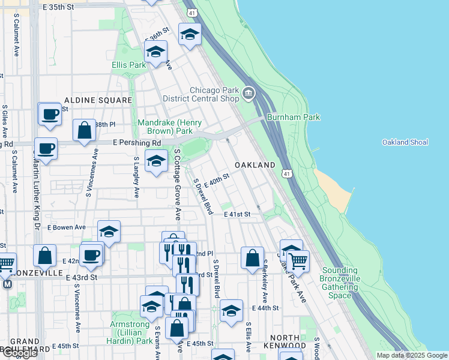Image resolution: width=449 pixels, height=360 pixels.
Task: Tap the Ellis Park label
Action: [x=128, y=65]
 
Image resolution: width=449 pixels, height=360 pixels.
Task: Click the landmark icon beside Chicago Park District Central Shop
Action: [x=249, y=94]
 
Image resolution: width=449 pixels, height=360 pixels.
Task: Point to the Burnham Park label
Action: [x=294, y=118]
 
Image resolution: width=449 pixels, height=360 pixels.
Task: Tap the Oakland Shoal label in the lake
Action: [x=405, y=142]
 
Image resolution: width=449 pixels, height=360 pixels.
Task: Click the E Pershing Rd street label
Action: [x=137, y=143]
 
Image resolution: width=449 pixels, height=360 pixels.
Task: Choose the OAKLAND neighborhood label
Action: [x=255, y=165]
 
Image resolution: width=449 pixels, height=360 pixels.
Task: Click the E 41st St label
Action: [x=237, y=214]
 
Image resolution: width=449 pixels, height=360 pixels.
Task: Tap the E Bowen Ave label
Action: [x=66, y=228]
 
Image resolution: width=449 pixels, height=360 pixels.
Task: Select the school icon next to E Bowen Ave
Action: [x=109, y=231]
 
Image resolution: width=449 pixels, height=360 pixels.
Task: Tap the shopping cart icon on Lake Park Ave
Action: [x=298, y=260]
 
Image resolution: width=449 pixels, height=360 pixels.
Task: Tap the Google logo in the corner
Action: [x=19, y=353]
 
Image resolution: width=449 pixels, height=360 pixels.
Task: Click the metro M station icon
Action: [x=7, y=284]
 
